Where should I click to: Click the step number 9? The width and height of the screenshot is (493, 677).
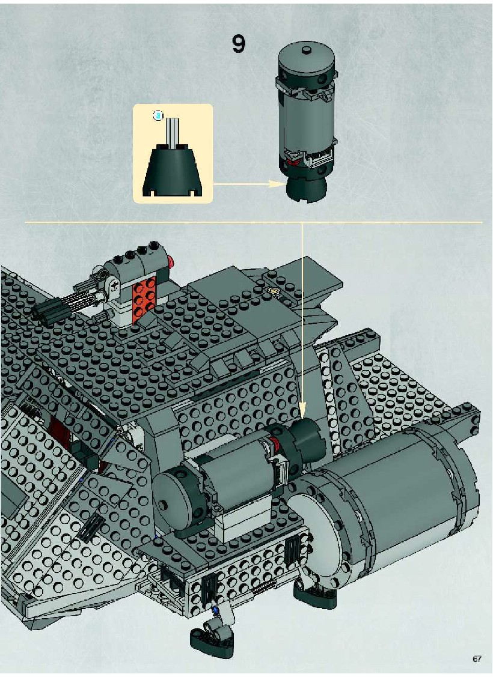(x=238, y=44)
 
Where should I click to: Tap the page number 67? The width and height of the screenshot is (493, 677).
(x=477, y=659)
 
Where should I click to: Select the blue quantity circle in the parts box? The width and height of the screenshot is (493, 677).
(x=159, y=115)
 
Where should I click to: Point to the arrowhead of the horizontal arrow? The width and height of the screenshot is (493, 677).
(x=276, y=183)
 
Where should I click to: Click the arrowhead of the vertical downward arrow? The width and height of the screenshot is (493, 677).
(x=302, y=409)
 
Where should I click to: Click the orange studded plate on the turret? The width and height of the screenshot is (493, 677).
(x=144, y=295)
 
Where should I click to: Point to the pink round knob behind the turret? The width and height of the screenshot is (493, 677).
(x=172, y=261)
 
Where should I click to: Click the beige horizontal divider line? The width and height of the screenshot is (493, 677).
(x=254, y=222)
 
